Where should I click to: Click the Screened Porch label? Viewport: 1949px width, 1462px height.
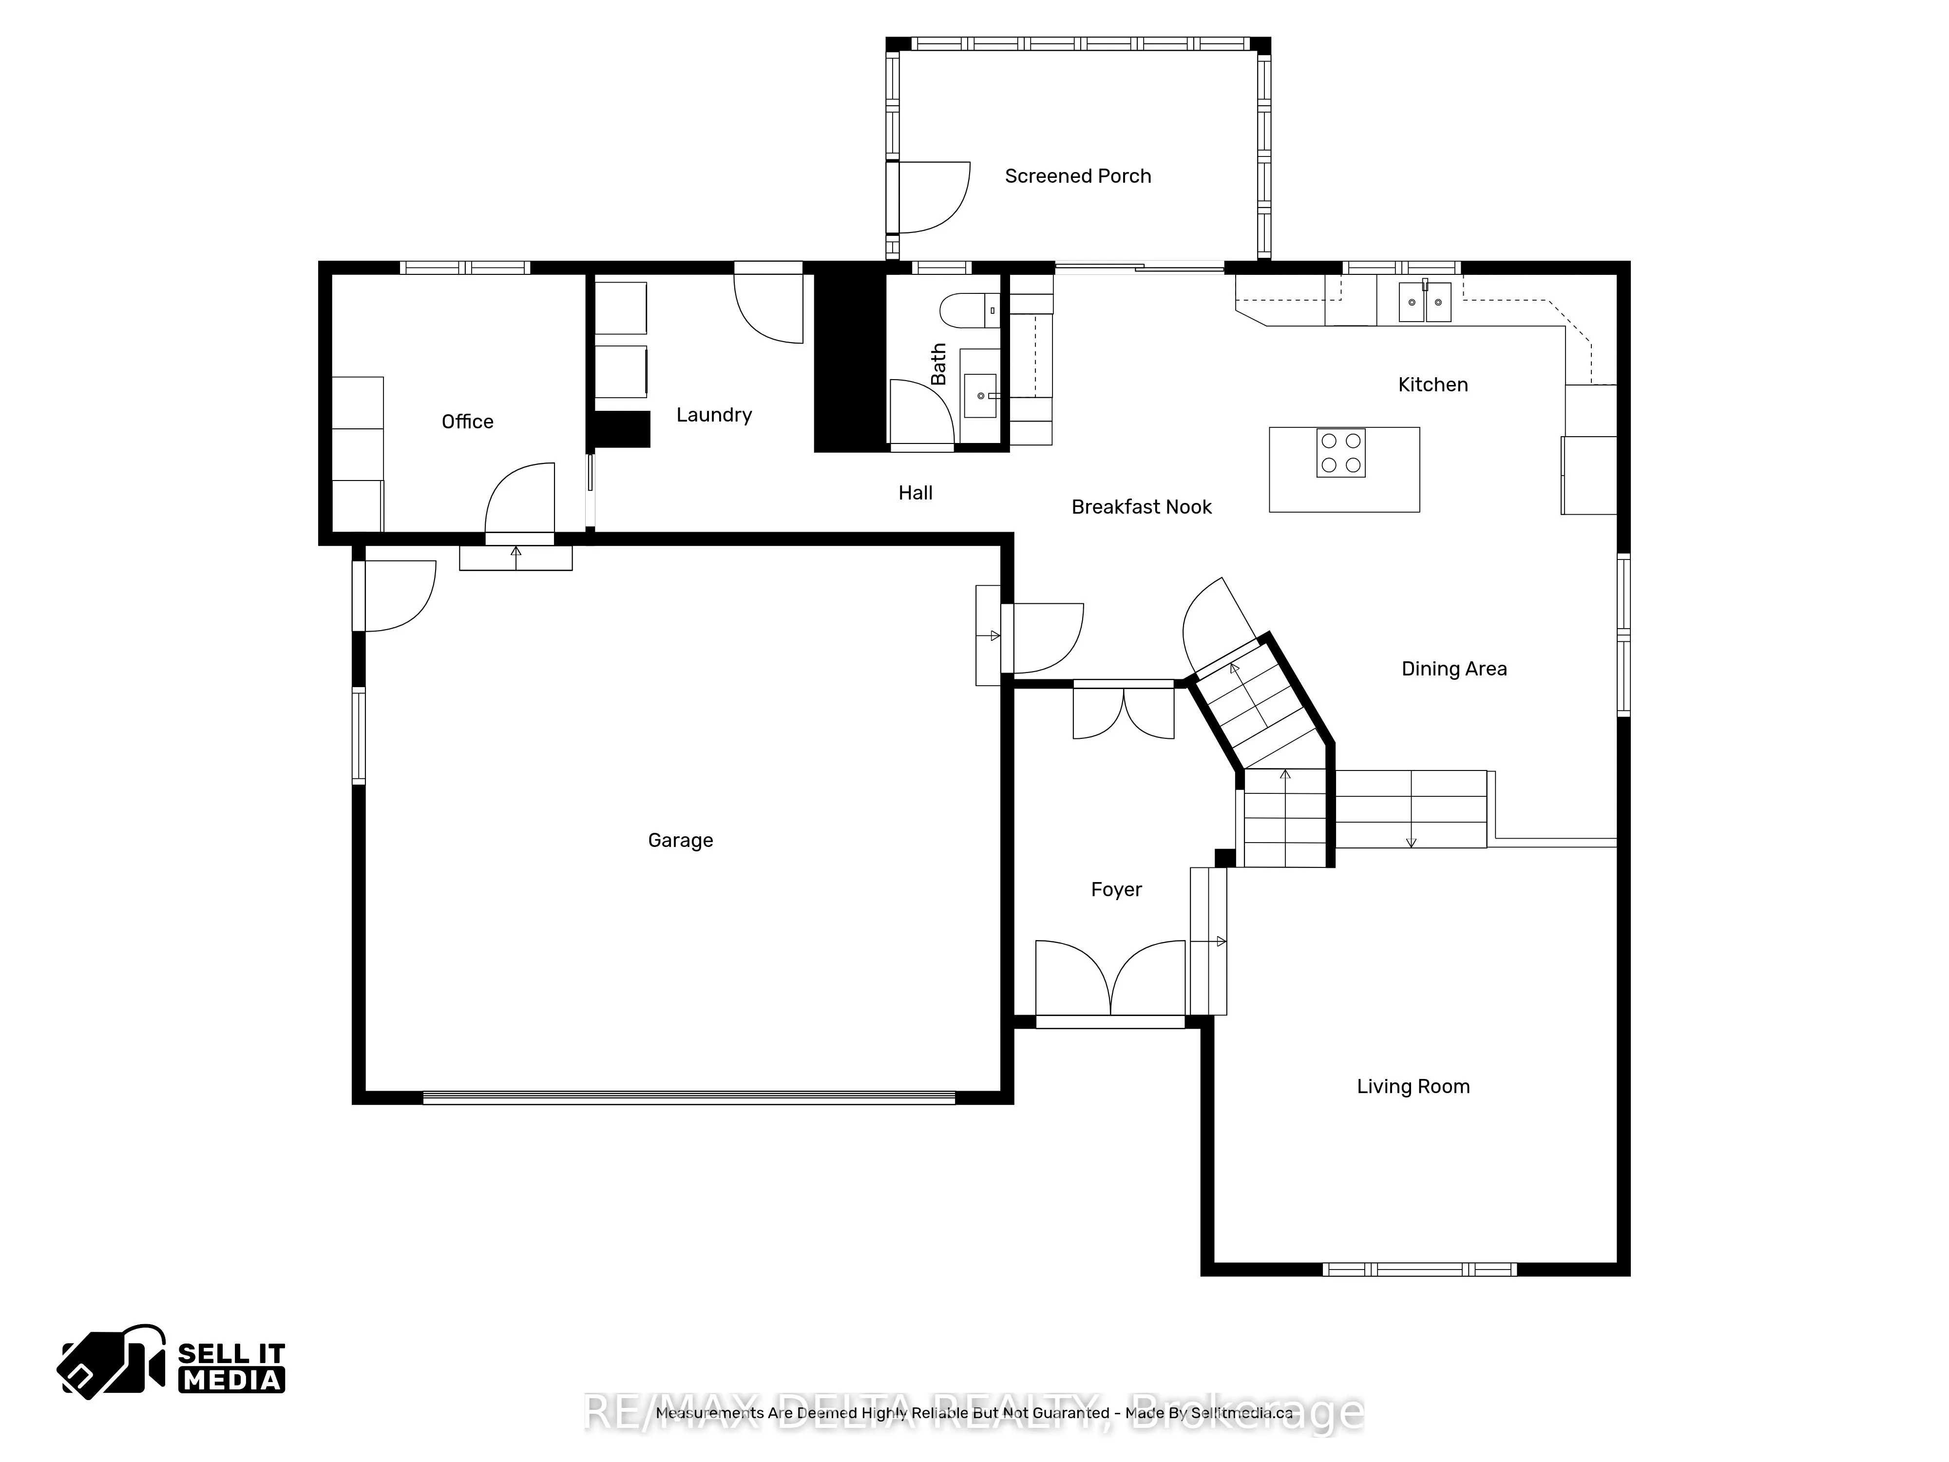click(1078, 176)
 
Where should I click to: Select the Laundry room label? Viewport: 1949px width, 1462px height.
click(714, 415)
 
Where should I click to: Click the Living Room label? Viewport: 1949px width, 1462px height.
click(1413, 1087)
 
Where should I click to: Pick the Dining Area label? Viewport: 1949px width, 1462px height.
click(1454, 669)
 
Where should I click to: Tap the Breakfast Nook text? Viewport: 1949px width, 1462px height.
click(1141, 507)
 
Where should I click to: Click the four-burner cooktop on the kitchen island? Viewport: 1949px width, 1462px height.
click(1340, 453)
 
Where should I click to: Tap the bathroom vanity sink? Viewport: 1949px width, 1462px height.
click(981, 396)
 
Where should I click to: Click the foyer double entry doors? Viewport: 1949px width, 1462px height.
click(1110, 978)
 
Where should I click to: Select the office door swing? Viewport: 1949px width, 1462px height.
click(520, 498)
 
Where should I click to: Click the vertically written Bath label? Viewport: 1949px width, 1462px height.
click(938, 364)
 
